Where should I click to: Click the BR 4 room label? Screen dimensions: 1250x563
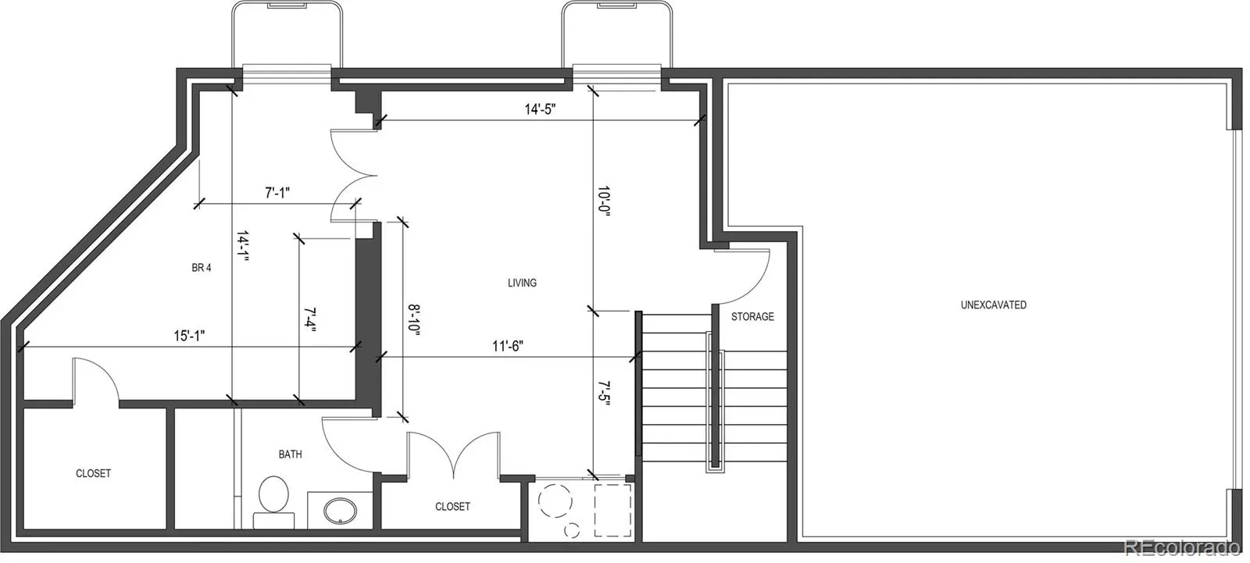tap(202, 268)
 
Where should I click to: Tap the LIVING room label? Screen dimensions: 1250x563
tap(523, 283)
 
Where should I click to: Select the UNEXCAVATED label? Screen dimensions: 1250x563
tap(993, 305)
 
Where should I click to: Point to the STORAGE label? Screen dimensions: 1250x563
tap(752, 317)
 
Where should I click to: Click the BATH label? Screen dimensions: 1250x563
tap(290, 454)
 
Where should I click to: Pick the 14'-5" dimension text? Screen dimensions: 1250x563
tap(540, 109)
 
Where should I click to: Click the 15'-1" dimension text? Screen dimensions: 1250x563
tap(189, 336)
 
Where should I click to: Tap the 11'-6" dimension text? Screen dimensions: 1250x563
tap(508, 347)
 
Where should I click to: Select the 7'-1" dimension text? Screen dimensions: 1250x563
tap(277, 193)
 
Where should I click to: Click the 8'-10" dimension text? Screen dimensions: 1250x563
tap(413, 319)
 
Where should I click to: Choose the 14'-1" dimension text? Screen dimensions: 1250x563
tap(242, 246)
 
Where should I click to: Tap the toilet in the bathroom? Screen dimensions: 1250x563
tap(273, 501)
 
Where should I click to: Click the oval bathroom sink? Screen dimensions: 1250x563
tap(340, 511)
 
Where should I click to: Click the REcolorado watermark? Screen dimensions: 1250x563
tap(1182, 548)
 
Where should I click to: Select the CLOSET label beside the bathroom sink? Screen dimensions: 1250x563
tap(452, 507)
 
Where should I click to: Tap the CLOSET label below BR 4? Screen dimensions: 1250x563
tap(93, 474)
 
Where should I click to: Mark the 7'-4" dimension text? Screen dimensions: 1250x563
tap(309, 319)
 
